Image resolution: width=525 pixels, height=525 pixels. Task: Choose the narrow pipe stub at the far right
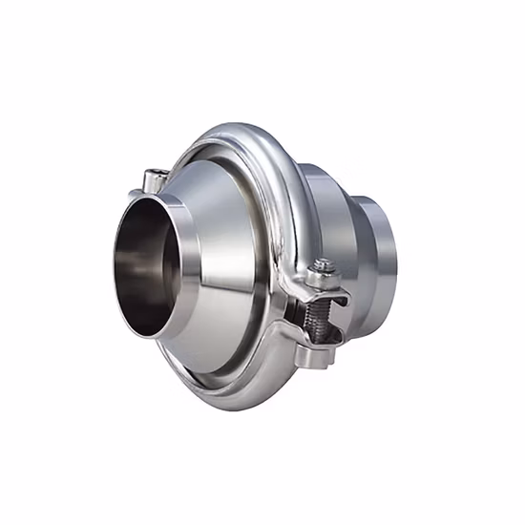click(x=381, y=253)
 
